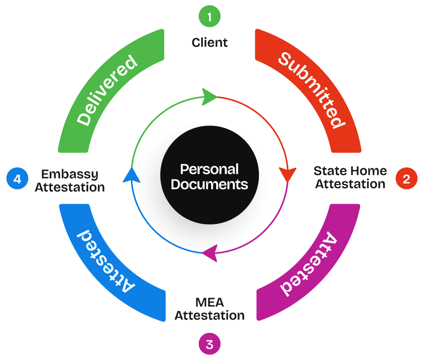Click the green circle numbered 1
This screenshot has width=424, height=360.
209,17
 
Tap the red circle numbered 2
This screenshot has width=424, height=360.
406,179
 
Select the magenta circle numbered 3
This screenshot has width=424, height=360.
209,344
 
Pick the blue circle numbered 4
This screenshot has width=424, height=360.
18,179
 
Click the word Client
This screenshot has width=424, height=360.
210,42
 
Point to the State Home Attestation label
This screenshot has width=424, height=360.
350,177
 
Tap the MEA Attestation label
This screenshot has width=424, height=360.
209,309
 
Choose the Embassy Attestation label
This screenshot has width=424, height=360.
70,181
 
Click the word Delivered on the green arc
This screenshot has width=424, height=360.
107,90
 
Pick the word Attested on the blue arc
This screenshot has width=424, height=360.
106,262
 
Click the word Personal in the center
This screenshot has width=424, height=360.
209,169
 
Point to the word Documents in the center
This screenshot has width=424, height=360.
209,184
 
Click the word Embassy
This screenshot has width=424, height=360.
70,174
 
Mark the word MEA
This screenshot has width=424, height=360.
209,302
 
